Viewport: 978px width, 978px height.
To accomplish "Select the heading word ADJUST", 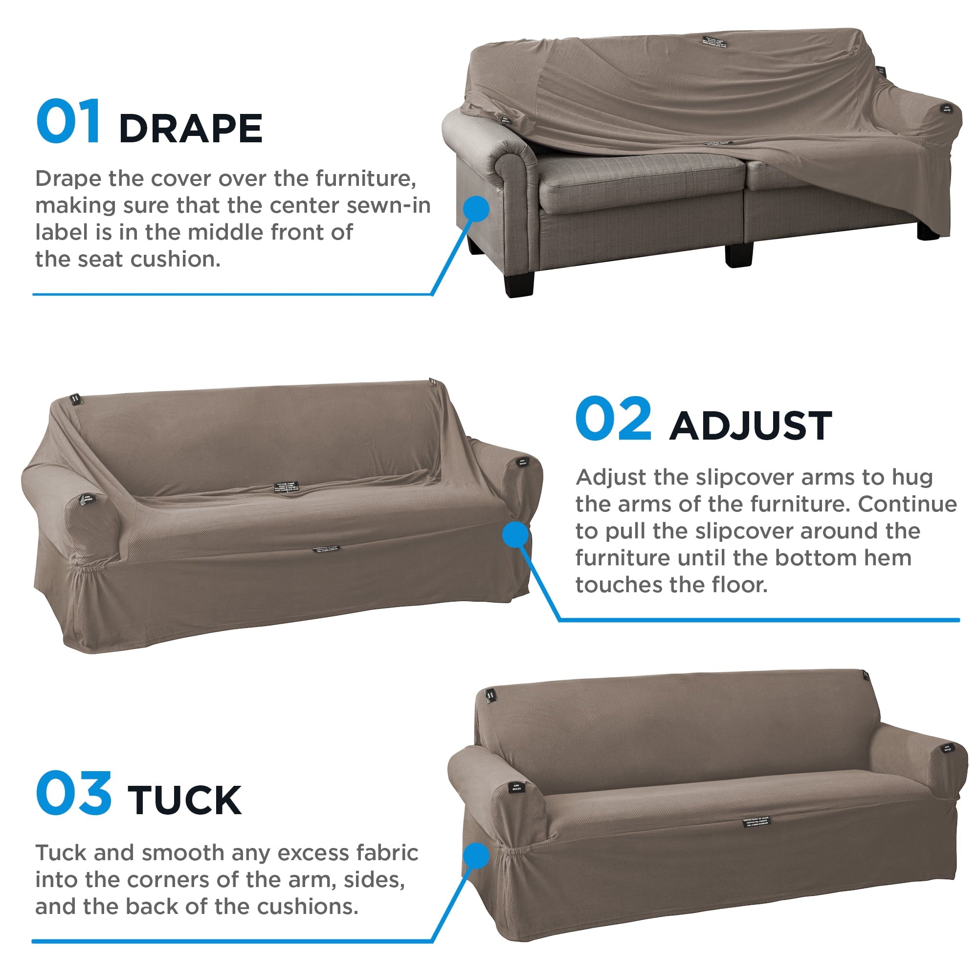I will (x=751, y=426).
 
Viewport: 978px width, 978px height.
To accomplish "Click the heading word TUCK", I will (x=185, y=800).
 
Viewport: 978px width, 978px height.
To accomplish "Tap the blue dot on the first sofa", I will (x=476, y=209).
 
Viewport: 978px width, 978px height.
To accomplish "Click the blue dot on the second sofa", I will (x=515, y=534).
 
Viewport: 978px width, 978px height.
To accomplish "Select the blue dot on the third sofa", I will (x=476, y=855).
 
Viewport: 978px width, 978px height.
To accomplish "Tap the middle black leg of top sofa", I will (x=738, y=254).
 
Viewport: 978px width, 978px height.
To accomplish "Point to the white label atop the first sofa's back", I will (x=714, y=42).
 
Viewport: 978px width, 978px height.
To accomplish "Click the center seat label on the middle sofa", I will (x=287, y=488).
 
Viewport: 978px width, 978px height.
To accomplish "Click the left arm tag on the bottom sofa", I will (x=516, y=787).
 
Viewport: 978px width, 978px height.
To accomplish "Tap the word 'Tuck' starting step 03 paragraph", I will (x=61, y=853).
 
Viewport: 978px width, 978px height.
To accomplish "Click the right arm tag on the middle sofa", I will (x=522, y=462).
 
